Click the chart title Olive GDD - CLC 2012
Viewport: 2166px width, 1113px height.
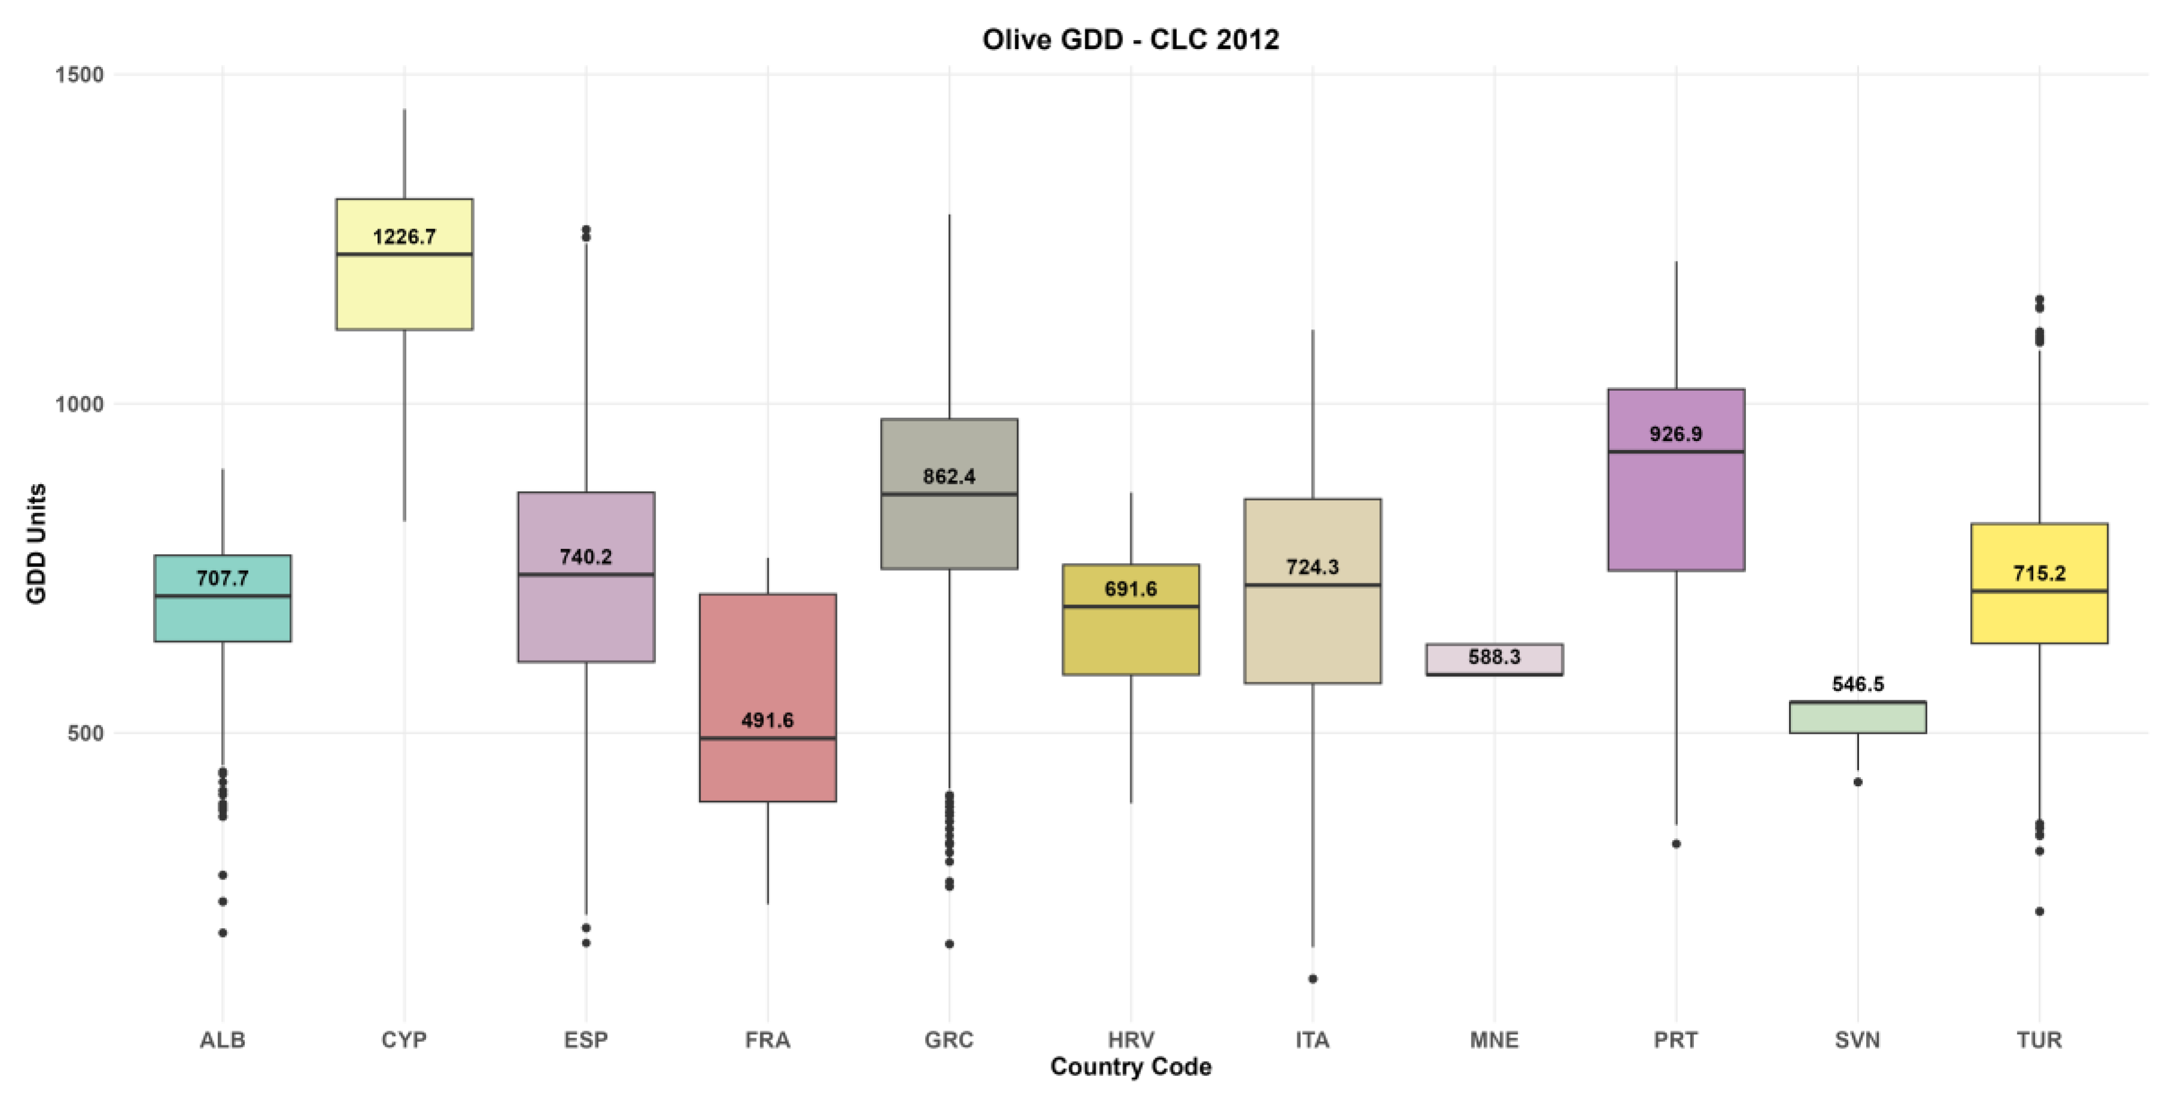pyautogui.click(x=1130, y=39)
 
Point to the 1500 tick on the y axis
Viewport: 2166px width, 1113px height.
pyautogui.click(x=79, y=75)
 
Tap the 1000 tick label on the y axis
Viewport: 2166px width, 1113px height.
pyautogui.click(x=79, y=405)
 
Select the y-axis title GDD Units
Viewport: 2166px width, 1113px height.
pyautogui.click(x=36, y=544)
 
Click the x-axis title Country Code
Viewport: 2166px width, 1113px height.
pyautogui.click(x=1131, y=1067)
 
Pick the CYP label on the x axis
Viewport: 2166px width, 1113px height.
pyautogui.click(x=404, y=1040)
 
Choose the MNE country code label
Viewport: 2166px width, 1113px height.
pyautogui.click(x=1494, y=1040)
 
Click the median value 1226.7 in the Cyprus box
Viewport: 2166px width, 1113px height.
pyautogui.click(x=404, y=237)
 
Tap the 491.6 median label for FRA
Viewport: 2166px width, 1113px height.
pyautogui.click(x=768, y=720)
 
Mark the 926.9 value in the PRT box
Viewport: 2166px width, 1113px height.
pyautogui.click(x=1676, y=434)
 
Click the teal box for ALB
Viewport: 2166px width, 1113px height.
pyautogui.click(x=223, y=598)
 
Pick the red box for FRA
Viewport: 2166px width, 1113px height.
pyautogui.click(x=768, y=698)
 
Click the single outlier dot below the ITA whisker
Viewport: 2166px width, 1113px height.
pyautogui.click(x=1313, y=978)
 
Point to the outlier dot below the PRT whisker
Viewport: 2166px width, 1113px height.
pyautogui.click(x=1676, y=844)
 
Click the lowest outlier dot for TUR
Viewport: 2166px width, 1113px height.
pyautogui.click(x=2039, y=911)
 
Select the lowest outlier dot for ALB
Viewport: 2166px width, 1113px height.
pyautogui.click(x=223, y=932)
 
